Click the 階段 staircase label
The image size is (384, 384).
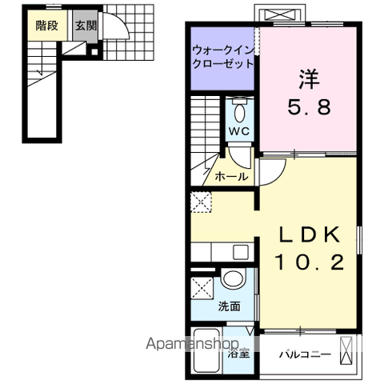click(46, 25)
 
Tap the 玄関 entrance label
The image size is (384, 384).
click(85, 25)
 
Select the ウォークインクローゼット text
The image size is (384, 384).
click(222, 58)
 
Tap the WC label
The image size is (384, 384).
click(239, 130)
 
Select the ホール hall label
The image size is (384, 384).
click(231, 176)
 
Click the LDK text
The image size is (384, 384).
click(310, 234)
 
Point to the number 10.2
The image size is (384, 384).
click(310, 262)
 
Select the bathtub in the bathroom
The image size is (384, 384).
click(206, 350)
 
